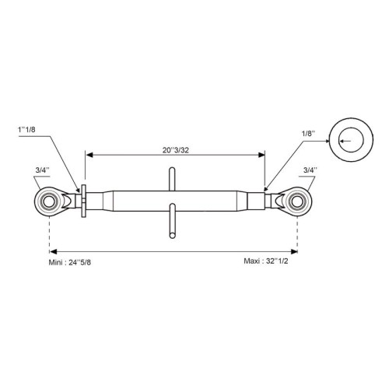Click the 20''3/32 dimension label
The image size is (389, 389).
coord(176,150)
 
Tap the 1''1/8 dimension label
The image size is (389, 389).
coord(26,130)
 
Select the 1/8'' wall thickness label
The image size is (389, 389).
coord(308,134)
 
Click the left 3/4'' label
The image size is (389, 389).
coord(43,170)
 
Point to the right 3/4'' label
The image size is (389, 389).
coord(310,170)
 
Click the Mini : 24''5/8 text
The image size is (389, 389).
coord(70,262)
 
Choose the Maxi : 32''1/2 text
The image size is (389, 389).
coord(266,261)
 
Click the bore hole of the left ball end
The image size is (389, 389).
coord(48,202)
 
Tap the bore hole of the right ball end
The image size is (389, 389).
coord(297,202)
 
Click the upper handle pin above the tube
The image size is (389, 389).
coord(172,179)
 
